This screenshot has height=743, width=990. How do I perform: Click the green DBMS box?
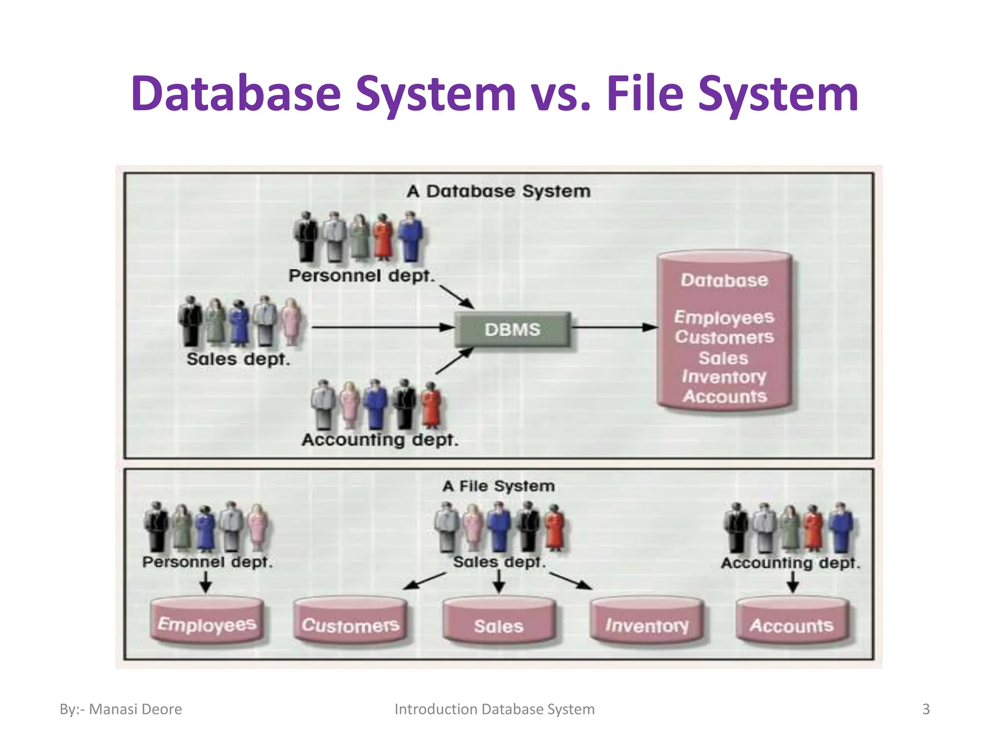click(x=512, y=329)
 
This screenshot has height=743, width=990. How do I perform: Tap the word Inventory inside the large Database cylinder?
click(x=724, y=377)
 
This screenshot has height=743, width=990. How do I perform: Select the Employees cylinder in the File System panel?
click(x=207, y=621)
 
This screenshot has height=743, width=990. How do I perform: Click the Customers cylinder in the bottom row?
click(x=350, y=622)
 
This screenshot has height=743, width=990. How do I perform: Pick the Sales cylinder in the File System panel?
click(x=499, y=623)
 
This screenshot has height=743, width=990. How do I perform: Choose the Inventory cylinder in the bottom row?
click(x=647, y=623)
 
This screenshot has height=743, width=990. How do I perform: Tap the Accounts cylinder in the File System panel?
click(x=791, y=623)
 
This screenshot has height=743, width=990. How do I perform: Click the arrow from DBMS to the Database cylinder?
click(x=614, y=327)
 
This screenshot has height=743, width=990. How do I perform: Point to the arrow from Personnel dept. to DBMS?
click(x=456, y=297)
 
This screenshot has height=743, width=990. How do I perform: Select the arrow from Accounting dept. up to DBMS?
click(x=454, y=361)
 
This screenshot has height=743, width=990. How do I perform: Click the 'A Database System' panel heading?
click(x=498, y=191)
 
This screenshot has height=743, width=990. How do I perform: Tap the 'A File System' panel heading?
click(x=498, y=486)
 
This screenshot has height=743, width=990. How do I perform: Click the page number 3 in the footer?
click(x=926, y=709)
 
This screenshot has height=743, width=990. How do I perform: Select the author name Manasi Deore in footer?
click(x=135, y=709)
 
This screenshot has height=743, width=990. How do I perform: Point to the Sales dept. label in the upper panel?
click(x=238, y=359)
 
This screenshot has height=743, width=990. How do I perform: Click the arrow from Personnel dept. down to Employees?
click(x=205, y=582)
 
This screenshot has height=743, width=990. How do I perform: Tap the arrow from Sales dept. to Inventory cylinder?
click(x=570, y=580)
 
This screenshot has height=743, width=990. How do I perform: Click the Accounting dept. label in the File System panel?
click(x=790, y=563)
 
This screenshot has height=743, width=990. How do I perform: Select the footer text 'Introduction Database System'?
click(x=495, y=709)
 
